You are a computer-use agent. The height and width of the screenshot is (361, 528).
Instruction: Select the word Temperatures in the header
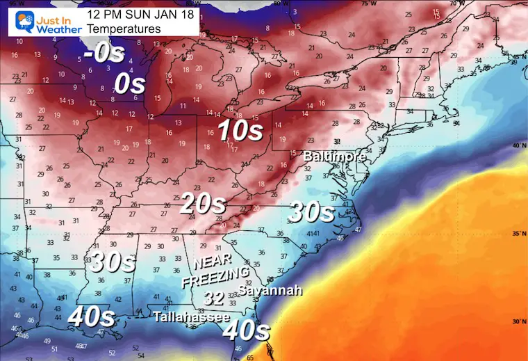click(124, 29)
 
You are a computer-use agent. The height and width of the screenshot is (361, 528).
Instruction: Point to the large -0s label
click(105, 55)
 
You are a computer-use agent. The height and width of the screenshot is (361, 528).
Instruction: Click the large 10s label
click(240, 130)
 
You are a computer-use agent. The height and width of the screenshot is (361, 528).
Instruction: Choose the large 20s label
click(203, 204)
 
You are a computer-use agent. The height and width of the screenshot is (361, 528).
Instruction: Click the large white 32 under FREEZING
click(213, 298)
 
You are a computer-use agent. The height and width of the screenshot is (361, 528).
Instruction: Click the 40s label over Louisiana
click(91, 317)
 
